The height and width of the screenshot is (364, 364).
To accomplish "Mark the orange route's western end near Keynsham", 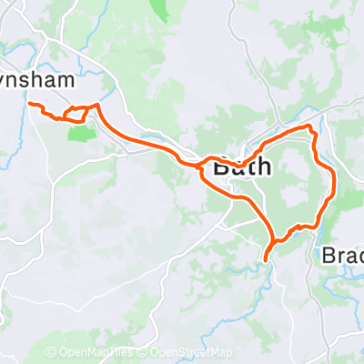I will pyautogui.click(x=32, y=105).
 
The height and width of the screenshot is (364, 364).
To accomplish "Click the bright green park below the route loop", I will pyautogui.click(x=82, y=134).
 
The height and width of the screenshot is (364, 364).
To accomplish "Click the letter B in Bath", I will pyautogui.click(x=221, y=167).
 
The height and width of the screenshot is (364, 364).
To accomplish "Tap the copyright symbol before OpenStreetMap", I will pyautogui.click(x=144, y=351).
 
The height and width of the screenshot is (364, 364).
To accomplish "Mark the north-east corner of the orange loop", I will pyautogui.click(x=314, y=126).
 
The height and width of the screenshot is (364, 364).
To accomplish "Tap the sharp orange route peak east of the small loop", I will pyautogui.click(x=96, y=106).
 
